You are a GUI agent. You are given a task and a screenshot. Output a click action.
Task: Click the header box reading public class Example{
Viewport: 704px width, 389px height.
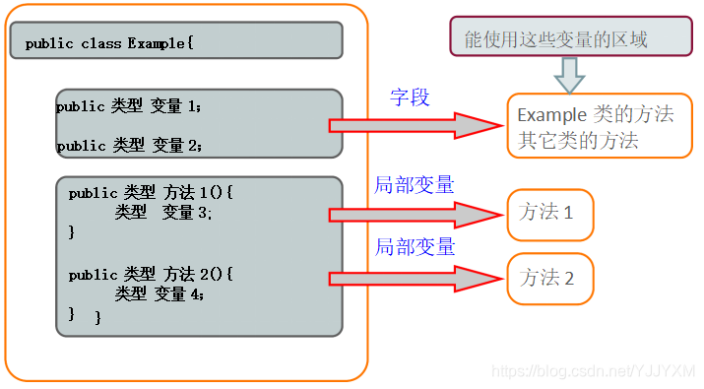tap(176, 41)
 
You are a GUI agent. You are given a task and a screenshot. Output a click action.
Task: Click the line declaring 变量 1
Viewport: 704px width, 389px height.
tap(129, 105)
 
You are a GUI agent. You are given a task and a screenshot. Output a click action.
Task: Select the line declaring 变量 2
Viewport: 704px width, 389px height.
tap(129, 146)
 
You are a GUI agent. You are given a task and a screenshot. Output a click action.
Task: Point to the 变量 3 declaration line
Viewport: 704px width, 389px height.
tap(163, 212)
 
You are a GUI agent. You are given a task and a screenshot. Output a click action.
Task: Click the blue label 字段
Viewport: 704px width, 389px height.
tap(410, 97)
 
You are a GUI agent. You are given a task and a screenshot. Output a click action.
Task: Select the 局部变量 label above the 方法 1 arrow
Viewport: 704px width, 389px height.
tap(415, 185)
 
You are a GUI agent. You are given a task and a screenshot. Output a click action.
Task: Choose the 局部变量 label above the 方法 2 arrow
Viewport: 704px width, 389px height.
tap(415, 247)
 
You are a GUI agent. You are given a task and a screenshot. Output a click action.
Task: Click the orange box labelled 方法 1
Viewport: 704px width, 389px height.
tap(550, 214)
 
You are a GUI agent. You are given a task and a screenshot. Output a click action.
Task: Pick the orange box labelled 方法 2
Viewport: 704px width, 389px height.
tap(551, 278)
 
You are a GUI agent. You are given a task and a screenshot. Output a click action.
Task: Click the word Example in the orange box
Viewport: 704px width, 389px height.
tap(551, 115)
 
